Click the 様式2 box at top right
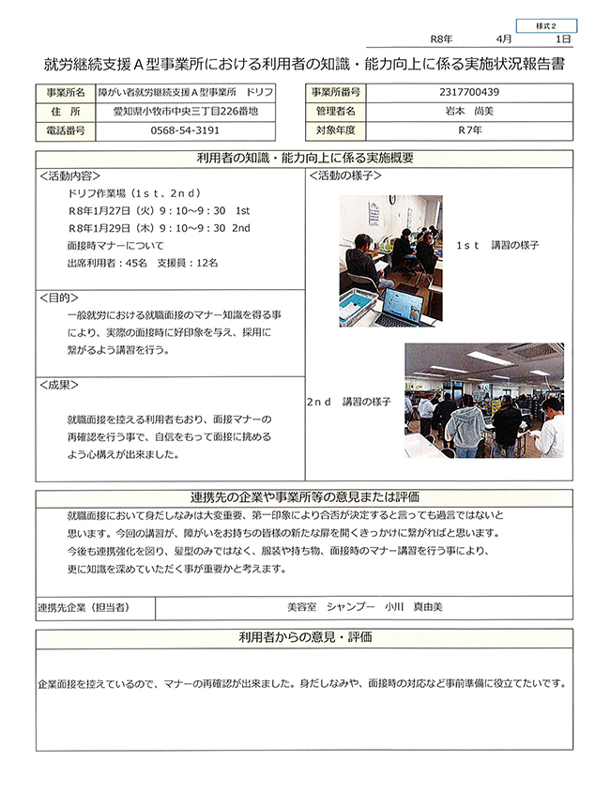546,26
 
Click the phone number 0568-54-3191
184,131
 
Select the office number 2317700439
468,92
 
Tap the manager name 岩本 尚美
468,112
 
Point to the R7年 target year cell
468,131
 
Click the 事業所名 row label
66,92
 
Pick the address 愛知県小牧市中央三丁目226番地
184,112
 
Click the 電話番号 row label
66,131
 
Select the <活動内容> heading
70,175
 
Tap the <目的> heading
58,297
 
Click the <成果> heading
58,385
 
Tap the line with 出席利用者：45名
136,262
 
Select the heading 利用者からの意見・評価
304,637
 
